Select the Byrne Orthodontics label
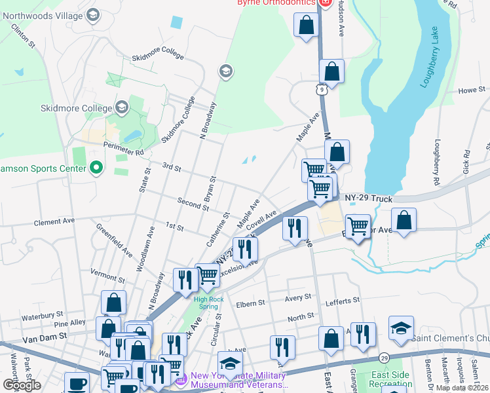(x=276, y=3)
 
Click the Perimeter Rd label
(x=121, y=153)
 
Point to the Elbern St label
(x=250, y=303)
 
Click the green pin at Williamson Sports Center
(x=96, y=168)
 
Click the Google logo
(x=22, y=384)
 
